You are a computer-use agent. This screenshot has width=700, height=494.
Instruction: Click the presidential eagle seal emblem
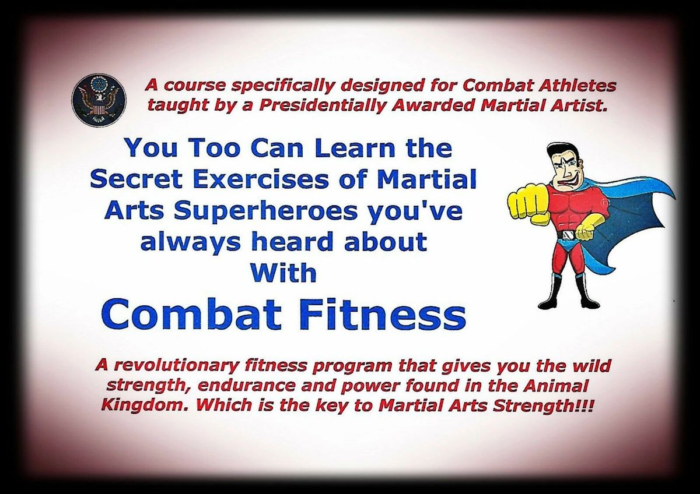pos(99,99)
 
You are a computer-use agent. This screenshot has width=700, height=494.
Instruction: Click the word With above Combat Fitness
pos(286,273)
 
